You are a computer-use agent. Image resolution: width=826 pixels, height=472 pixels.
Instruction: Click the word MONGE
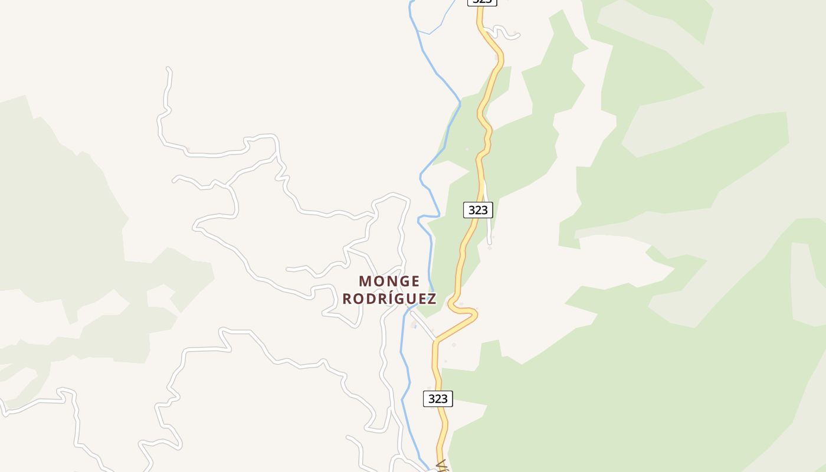pos(389,281)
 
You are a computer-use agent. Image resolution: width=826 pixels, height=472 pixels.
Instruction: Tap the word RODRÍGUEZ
pos(389,299)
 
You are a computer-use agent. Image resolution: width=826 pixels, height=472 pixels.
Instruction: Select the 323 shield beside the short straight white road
pos(478,209)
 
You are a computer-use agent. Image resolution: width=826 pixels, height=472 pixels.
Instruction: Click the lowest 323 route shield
pos(438,399)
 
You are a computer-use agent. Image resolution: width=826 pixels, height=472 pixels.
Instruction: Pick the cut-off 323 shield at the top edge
pos(483,2)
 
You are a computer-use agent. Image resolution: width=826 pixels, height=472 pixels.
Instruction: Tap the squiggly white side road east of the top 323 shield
pos(501,31)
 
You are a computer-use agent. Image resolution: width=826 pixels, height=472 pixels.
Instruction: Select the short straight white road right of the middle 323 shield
pos(488,215)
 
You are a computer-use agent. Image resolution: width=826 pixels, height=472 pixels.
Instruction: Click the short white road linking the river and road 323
pos(424,326)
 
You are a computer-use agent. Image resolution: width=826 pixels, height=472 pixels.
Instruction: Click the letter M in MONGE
pos(365,281)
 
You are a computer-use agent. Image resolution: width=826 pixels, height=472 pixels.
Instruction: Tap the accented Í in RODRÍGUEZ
pos(385,299)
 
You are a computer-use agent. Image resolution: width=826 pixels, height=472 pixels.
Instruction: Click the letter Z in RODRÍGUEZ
pos(432,299)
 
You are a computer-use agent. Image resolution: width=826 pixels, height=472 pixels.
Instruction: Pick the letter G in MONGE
pos(402,281)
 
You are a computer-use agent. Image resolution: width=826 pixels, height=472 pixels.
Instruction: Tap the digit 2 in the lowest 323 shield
pos(438,399)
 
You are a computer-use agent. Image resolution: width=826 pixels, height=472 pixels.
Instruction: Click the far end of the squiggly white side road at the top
pos(518,35)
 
